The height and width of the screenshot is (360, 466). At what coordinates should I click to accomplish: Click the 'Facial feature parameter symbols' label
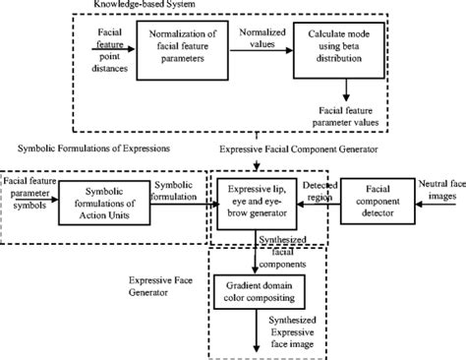point(29,187)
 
